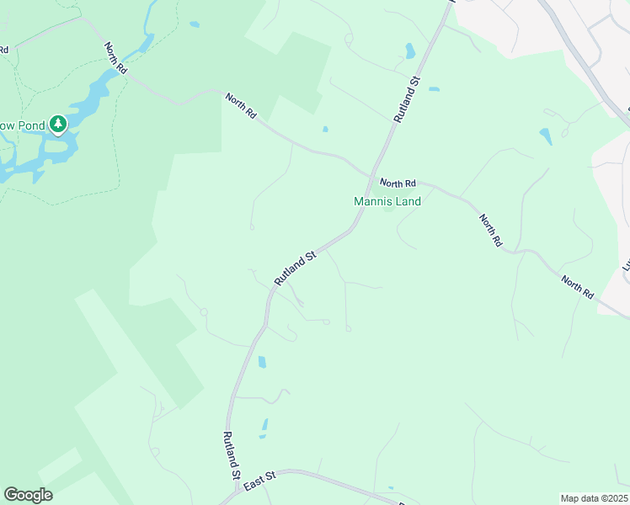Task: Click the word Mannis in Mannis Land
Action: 373,202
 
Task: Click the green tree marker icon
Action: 57,125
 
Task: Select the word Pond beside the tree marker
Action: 31,125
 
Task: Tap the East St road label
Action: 259,481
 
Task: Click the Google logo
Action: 28,495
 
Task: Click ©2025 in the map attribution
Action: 615,498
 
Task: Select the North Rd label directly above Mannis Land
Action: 398,183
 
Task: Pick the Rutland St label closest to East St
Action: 229,455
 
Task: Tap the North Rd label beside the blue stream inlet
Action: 115,58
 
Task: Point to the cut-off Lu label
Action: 626,265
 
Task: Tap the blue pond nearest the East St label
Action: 264,428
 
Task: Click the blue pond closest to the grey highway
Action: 545,136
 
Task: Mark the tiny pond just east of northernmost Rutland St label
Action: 434,88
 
